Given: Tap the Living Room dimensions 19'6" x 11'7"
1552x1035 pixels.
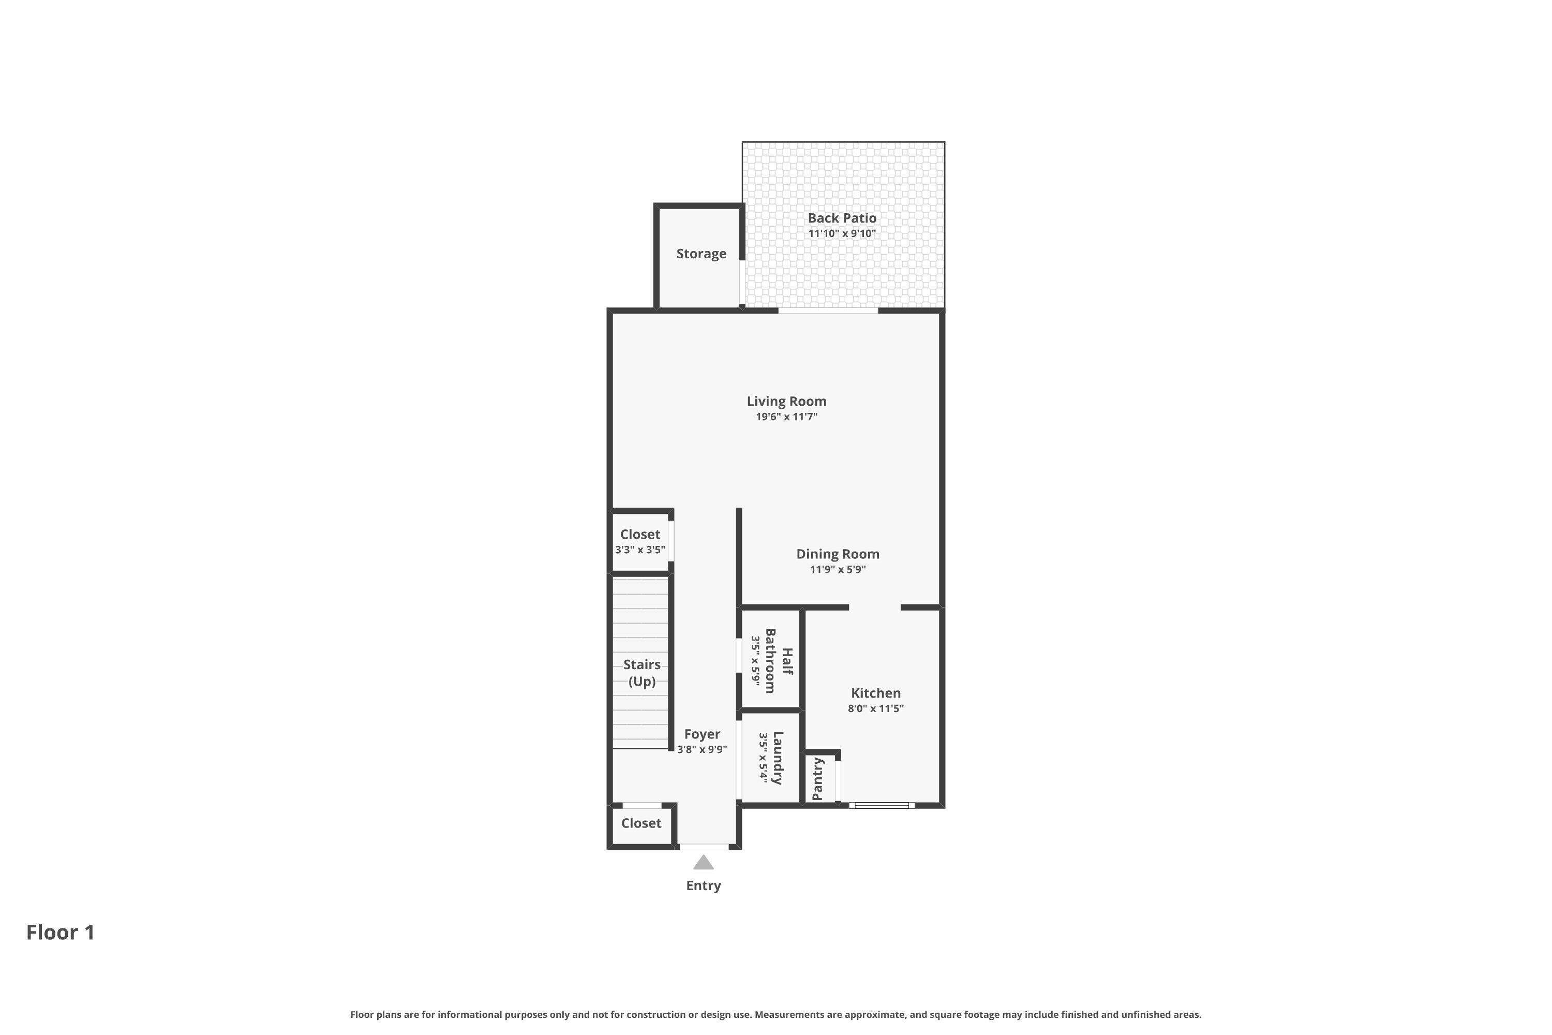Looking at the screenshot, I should [x=786, y=417].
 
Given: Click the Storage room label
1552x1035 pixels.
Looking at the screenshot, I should [x=701, y=254].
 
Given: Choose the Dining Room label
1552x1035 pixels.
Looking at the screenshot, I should [x=838, y=554].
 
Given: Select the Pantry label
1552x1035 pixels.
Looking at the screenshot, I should [x=817, y=779].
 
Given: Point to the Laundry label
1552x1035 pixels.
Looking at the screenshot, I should [x=778, y=757].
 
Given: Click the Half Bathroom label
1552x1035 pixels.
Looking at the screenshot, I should [x=778, y=660].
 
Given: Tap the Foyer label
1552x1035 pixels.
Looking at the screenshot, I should [x=702, y=734].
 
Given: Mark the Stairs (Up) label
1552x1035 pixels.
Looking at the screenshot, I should [x=641, y=673].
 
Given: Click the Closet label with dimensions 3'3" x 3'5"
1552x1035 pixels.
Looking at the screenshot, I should [x=639, y=534].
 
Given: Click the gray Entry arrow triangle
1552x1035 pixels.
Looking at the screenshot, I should [x=704, y=863].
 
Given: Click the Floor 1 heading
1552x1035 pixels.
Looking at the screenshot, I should [x=60, y=932].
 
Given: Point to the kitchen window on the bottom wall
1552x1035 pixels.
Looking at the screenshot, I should [x=881, y=805].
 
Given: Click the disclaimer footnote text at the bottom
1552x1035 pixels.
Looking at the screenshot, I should [x=775, y=1014].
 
